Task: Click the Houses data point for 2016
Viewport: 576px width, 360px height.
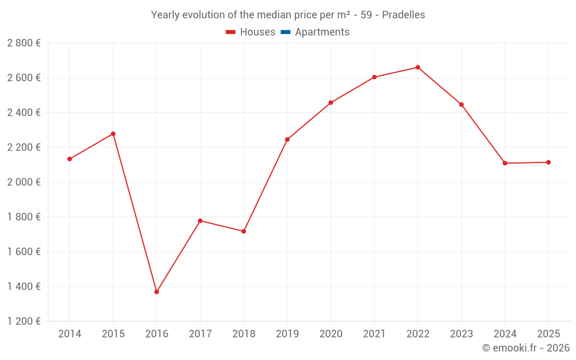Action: pyautogui.click(x=157, y=292)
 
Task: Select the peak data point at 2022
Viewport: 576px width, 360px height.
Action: pyautogui.click(x=418, y=67)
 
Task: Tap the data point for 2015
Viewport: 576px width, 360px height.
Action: pyautogui.click(x=113, y=134)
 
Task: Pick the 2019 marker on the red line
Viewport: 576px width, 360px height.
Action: pyautogui.click(x=287, y=139)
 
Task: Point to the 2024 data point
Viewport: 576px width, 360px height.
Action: pyautogui.click(x=505, y=163)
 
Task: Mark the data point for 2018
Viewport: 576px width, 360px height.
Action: pyautogui.click(x=244, y=232)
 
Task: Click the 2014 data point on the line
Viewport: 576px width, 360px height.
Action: pyautogui.click(x=70, y=159)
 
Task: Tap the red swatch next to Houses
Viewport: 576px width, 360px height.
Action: pyautogui.click(x=231, y=32)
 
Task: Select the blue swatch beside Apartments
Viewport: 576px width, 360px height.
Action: pyautogui.click(x=285, y=32)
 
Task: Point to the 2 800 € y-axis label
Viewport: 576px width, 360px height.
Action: pyautogui.click(x=24, y=43)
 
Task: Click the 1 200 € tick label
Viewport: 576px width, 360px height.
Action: pyautogui.click(x=24, y=321)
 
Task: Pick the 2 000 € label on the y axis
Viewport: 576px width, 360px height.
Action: pyautogui.click(x=24, y=182)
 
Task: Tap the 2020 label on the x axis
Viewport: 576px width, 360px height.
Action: pyautogui.click(x=331, y=334)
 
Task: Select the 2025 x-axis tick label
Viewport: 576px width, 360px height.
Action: pyautogui.click(x=548, y=334)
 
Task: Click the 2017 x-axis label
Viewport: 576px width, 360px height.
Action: pyautogui.click(x=200, y=334)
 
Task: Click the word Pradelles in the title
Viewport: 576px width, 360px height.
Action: pyautogui.click(x=403, y=15)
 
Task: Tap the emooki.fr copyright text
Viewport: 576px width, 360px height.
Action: pyautogui.click(x=526, y=348)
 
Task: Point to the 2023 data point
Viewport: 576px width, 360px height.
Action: pyautogui.click(x=461, y=105)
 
